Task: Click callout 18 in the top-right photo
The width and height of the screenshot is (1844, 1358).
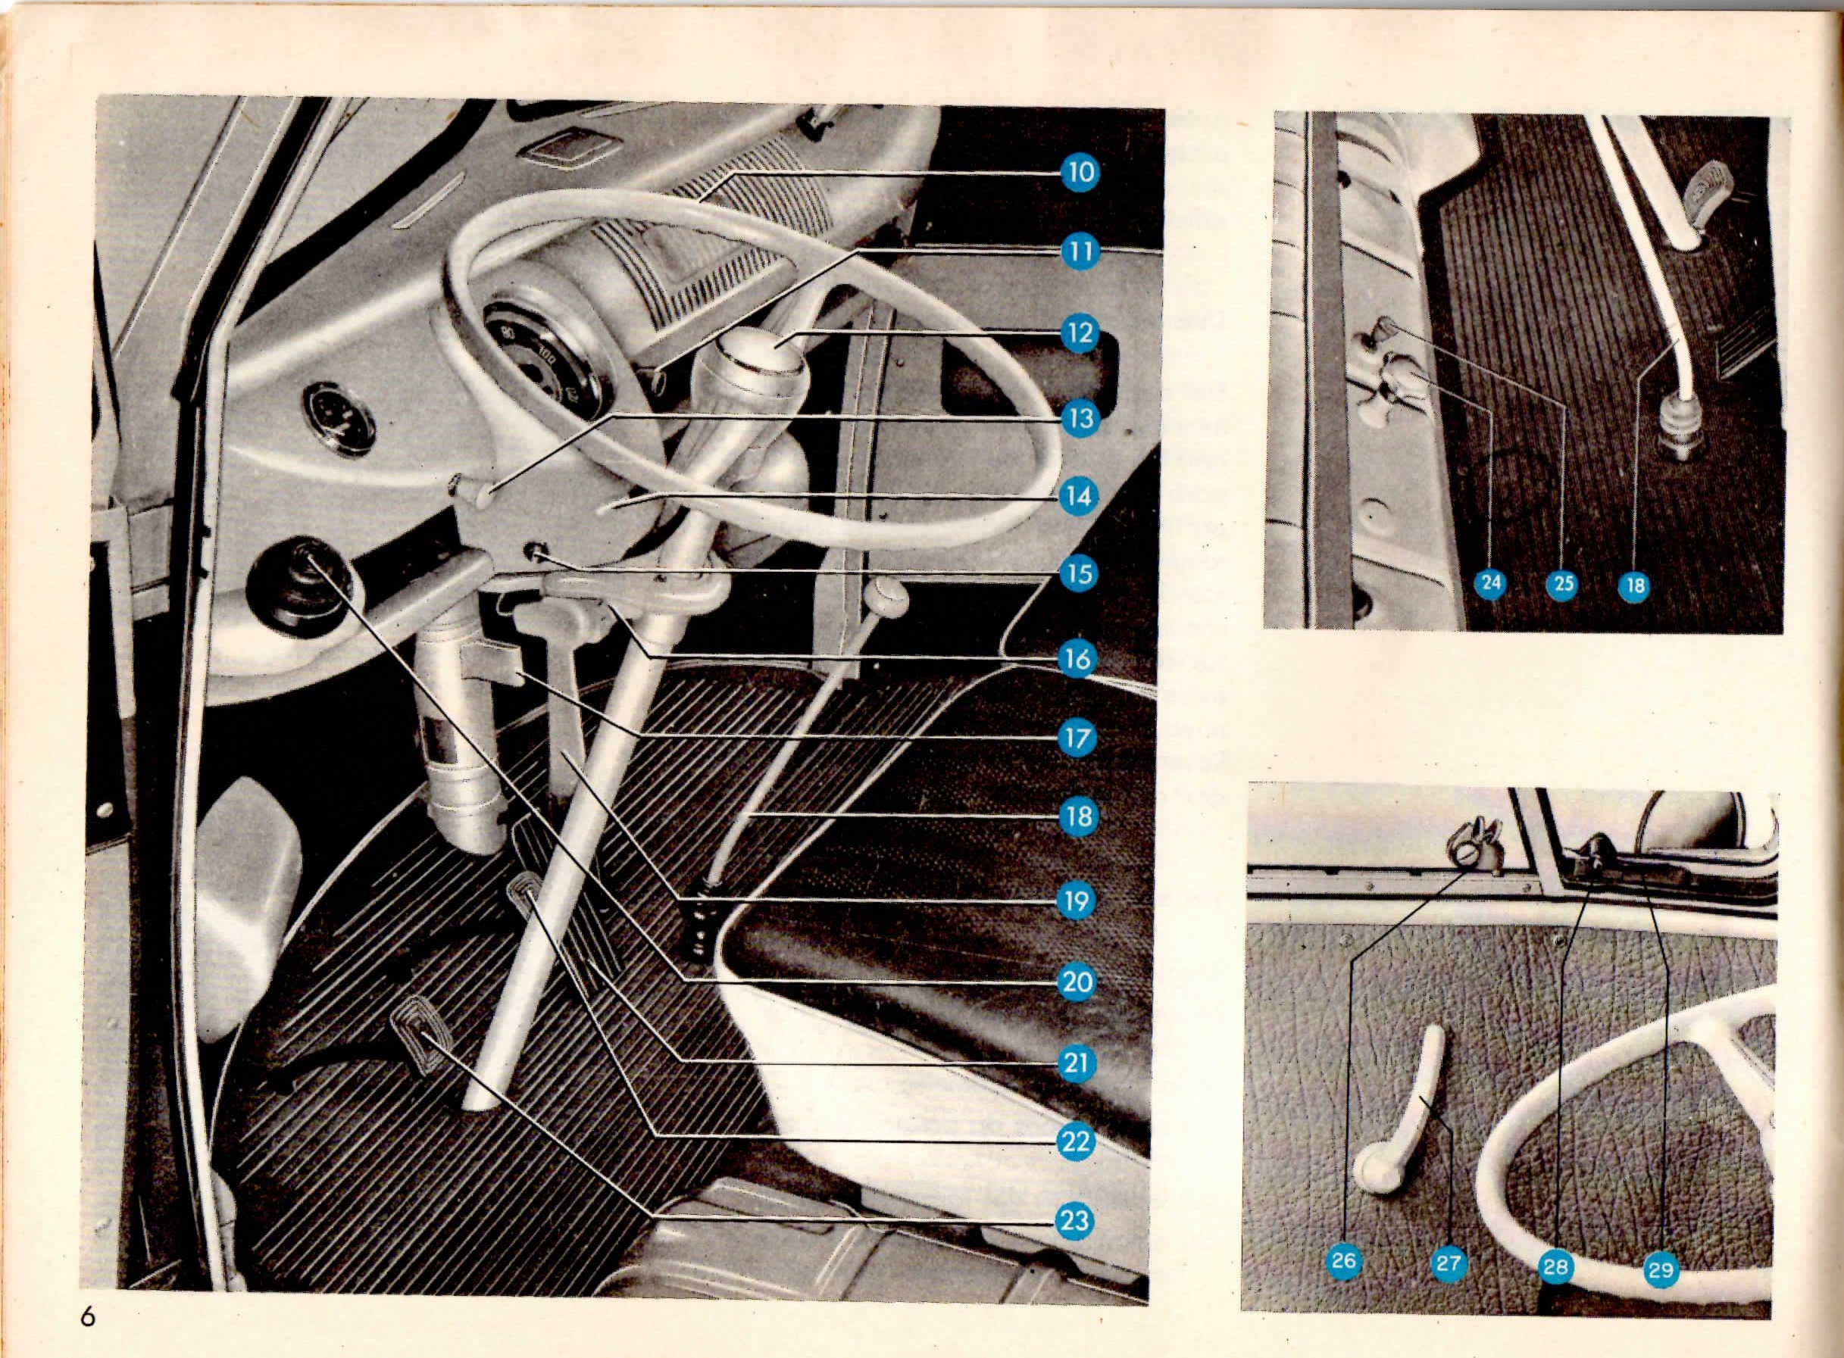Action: (x=1634, y=585)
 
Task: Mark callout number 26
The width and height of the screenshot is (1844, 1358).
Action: (x=1343, y=1283)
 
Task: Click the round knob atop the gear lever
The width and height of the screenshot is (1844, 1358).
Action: (x=889, y=599)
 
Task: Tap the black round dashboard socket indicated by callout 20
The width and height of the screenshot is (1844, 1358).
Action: (x=301, y=581)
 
